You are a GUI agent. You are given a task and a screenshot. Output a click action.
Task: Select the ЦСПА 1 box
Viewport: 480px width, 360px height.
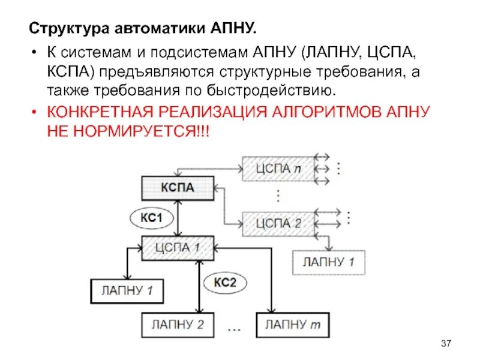(x=178, y=247)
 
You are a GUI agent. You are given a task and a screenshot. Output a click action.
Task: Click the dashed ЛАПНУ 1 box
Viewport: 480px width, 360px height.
(x=328, y=262)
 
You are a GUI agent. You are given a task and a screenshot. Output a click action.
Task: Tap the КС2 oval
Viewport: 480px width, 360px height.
(x=226, y=281)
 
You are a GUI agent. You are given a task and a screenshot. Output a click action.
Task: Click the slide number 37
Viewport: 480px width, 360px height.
(x=445, y=343)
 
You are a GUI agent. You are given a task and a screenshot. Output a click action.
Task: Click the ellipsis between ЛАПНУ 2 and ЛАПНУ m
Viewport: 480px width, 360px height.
(x=235, y=329)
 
